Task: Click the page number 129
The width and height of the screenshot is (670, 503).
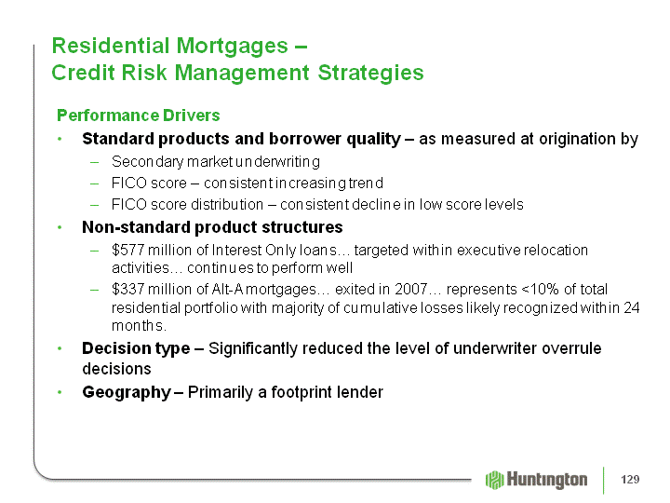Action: click(630, 480)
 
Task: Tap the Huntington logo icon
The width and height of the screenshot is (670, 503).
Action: click(494, 480)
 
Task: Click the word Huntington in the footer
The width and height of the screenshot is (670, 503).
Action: click(547, 481)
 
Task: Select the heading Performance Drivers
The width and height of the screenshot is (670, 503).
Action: click(139, 116)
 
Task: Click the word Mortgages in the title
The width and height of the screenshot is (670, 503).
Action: click(232, 46)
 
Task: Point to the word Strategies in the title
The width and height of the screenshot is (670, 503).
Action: click(370, 73)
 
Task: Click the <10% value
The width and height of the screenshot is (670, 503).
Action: click(541, 289)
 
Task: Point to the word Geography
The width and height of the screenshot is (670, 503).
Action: click(127, 393)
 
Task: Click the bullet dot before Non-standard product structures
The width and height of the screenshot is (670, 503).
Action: click(60, 227)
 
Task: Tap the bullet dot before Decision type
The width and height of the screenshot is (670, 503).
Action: click(60, 348)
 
